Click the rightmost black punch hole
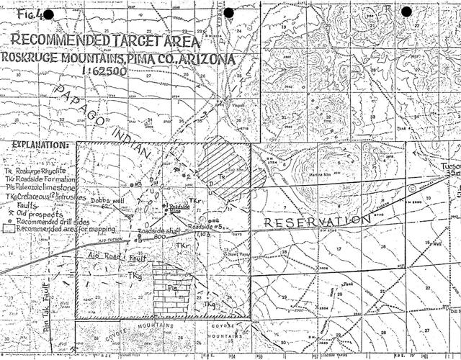pos(406,12)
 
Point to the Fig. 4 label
pos(30,14)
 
